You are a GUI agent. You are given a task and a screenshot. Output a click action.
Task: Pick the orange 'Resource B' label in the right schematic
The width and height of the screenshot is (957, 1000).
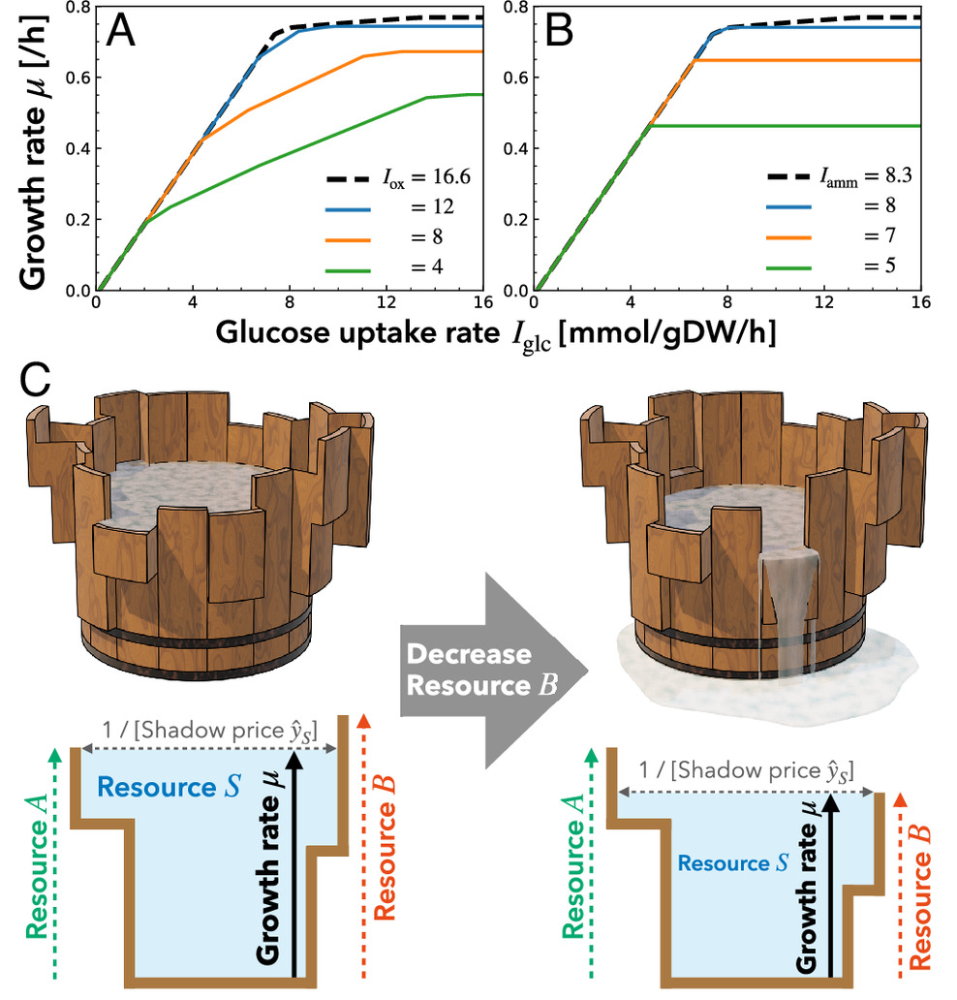[x=920, y=886]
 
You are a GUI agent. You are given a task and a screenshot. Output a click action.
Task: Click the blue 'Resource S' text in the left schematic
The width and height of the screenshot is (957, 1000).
[x=160, y=786]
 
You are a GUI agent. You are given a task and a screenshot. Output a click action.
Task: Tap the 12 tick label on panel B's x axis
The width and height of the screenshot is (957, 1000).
[x=824, y=301]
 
